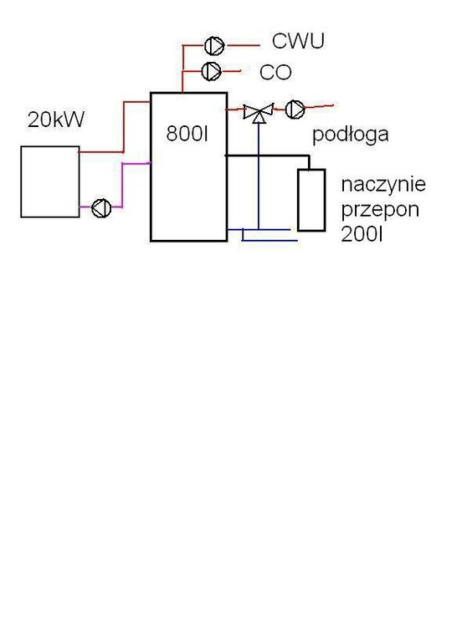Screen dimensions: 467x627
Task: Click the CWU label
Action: [x=298, y=41]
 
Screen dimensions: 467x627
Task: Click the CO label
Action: [x=275, y=73]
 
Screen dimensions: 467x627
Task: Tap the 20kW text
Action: [x=56, y=120]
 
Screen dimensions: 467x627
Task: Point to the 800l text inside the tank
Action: [x=187, y=134]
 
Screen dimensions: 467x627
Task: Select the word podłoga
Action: [x=350, y=135]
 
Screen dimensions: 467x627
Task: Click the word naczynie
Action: [x=383, y=185]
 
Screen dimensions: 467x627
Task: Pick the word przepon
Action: [x=380, y=210]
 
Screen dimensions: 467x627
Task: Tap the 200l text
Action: [x=362, y=234]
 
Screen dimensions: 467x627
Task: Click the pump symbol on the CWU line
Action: [x=214, y=46]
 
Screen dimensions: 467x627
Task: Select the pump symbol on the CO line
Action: [x=211, y=71]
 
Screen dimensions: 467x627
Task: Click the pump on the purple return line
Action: [x=101, y=208]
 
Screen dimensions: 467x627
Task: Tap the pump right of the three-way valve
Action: [x=295, y=109]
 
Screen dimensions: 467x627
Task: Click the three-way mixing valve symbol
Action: [x=259, y=112]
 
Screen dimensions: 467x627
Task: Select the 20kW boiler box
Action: [x=50, y=182]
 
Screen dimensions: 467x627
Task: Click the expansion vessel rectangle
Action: [x=311, y=200]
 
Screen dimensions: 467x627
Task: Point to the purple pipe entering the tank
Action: [x=122, y=185]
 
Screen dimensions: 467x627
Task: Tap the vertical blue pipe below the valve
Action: [x=259, y=176]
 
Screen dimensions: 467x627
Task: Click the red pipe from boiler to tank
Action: [x=124, y=127]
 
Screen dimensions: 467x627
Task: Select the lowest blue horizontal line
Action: [x=269, y=240]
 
